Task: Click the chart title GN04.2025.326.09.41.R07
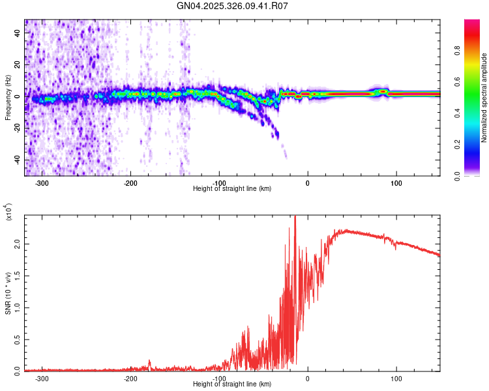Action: pyautogui.click(x=233, y=6)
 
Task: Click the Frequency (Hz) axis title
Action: pyautogui.click(x=8, y=98)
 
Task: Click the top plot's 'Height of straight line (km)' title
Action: pyautogui.click(x=233, y=189)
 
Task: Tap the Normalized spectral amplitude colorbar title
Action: pyautogui.click(x=484, y=98)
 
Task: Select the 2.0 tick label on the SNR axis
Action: pyautogui.click(x=17, y=244)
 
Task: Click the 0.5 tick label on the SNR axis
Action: pyautogui.click(x=17, y=339)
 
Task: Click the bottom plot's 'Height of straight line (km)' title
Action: pyautogui.click(x=233, y=384)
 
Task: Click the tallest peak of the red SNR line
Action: pyautogui.click(x=295, y=217)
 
